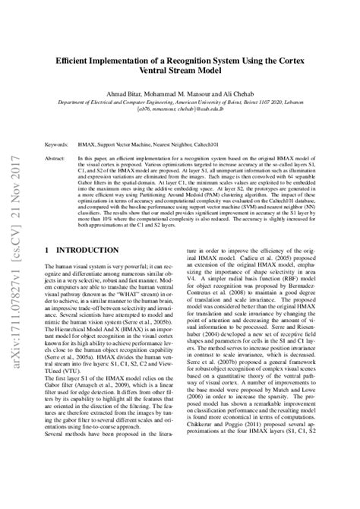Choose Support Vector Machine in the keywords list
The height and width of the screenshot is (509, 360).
click(131, 143)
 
